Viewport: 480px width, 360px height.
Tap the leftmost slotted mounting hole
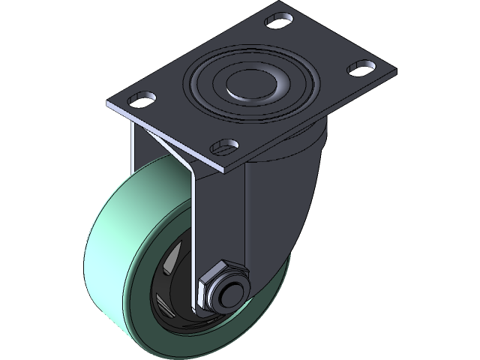click(140, 97)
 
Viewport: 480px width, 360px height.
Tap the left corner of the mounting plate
click(106, 107)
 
